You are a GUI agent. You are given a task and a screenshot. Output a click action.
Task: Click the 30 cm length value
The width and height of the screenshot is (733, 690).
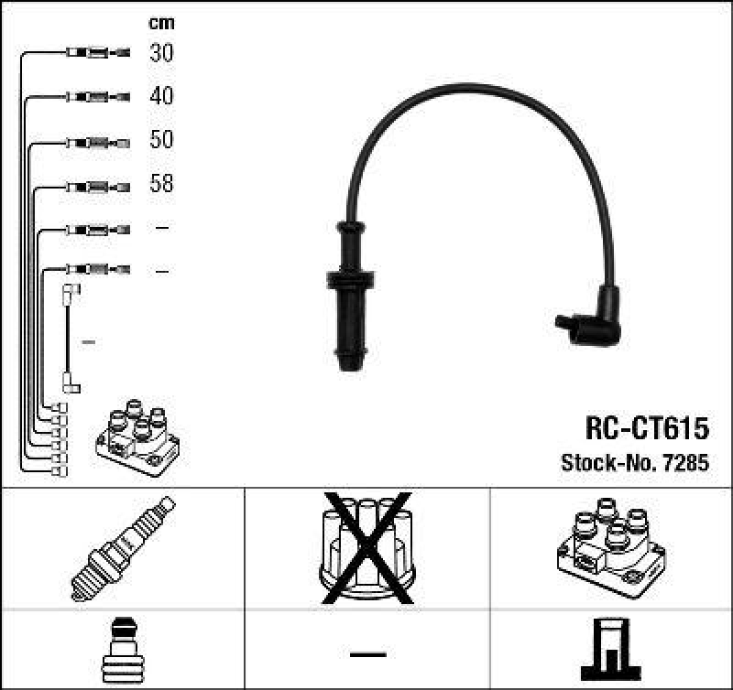click(x=161, y=53)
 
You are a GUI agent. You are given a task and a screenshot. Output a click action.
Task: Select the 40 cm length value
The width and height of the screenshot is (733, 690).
click(x=161, y=96)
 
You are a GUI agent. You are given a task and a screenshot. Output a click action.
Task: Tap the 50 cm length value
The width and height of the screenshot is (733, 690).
click(x=161, y=140)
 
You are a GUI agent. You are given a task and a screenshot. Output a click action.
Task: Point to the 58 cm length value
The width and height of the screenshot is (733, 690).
click(x=161, y=184)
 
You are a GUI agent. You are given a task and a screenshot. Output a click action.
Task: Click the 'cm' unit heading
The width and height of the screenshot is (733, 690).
click(x=161, y=23)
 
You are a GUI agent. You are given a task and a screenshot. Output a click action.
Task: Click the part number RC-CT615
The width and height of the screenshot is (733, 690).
click(x=647, y=428)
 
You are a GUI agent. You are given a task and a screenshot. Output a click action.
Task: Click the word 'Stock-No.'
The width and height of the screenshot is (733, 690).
click(x=604, y=463)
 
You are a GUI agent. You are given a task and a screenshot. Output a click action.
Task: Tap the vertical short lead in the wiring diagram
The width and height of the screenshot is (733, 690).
click(x=69, y=339)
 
